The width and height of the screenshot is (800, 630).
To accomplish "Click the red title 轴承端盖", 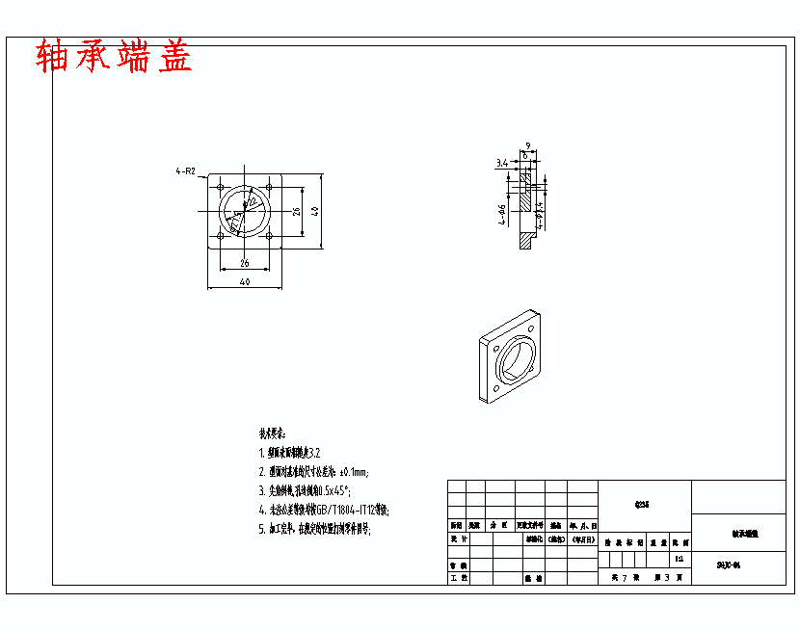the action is [114, 58].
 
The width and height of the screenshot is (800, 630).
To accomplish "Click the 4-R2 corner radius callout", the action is [185, 171].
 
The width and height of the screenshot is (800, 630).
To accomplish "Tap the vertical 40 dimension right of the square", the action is [315, 211].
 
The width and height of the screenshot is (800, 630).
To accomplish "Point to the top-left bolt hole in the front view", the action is [221, 186].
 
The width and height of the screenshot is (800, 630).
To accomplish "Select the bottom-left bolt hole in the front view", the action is [221, 235].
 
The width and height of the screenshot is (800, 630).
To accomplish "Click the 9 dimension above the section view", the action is [528, 146].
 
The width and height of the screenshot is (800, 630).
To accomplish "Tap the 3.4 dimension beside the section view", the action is [502, 164].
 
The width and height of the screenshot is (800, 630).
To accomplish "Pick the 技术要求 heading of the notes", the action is [273, 433].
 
